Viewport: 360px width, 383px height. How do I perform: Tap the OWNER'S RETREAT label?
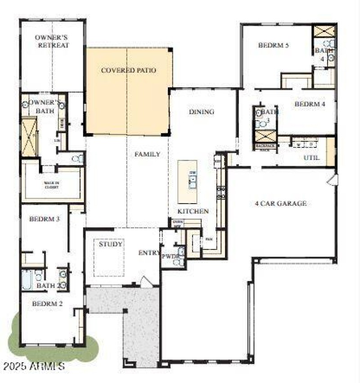click(53, 41)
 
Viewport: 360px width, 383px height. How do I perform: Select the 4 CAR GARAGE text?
click(281, 204)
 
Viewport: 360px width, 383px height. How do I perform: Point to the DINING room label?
click(202, 112)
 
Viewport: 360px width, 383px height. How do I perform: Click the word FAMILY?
click(147, 154)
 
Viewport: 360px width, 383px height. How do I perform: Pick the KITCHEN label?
click(193, 211)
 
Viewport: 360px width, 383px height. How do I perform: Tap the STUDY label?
click(111, 245)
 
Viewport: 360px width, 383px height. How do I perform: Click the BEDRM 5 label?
click(273, 45)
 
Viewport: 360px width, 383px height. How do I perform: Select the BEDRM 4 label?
click(310, 104)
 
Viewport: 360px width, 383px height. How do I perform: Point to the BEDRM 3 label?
click(45, 219)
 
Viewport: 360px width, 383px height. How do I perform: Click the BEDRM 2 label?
click(47, 304)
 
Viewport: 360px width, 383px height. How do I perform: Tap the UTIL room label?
click(311, 158)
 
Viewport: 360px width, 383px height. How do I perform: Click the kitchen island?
click(187, 182)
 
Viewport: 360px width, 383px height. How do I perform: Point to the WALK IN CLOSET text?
click(52, 184)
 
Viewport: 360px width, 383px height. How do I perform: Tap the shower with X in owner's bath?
click(29, 137)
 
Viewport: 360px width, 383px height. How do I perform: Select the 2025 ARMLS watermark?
click(34, 366)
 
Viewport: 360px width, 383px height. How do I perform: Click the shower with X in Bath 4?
click(324, 31)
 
